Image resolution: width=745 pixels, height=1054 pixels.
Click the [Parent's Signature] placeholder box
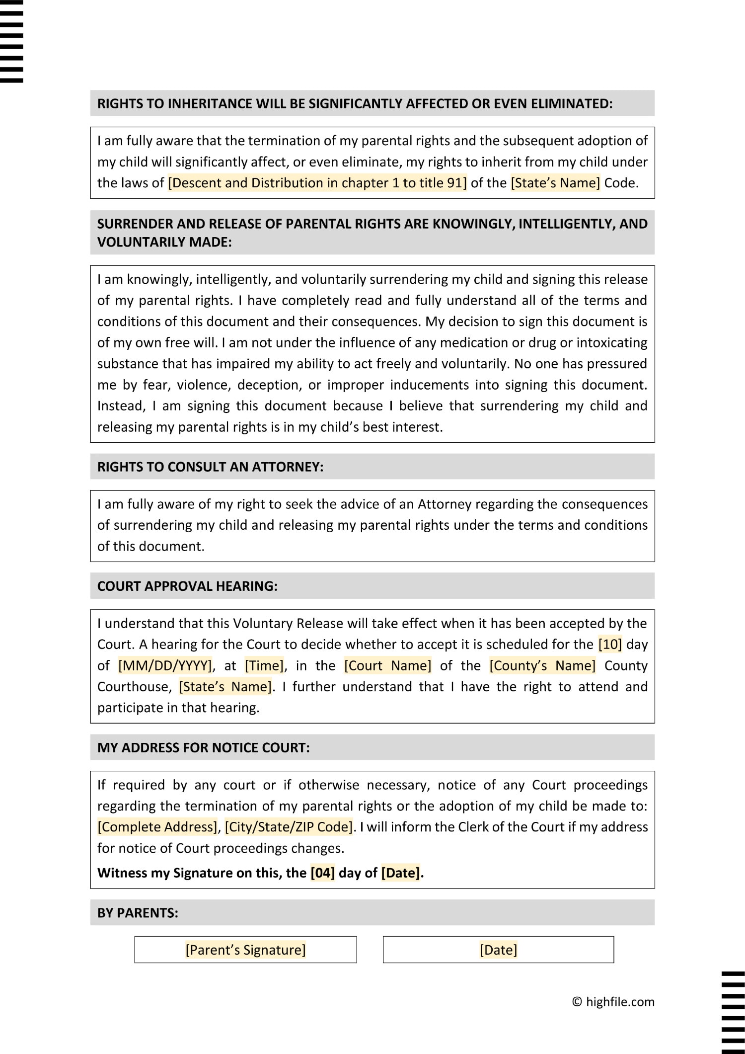(245, 950)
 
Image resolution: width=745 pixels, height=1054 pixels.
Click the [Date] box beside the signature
(498, 950)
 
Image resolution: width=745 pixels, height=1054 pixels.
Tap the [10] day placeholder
(610, 645)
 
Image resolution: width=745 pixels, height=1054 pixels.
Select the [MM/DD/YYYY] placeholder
(165, 665)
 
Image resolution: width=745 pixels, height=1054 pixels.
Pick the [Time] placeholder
(264, 665)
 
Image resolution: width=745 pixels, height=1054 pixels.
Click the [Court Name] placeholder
(387, 665)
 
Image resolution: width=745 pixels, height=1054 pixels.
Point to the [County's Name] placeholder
(542, 665)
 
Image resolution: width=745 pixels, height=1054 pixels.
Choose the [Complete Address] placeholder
(157, 827)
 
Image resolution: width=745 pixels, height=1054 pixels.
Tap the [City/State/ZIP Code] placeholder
(289, 827)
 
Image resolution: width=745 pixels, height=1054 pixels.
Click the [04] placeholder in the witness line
(323, 873)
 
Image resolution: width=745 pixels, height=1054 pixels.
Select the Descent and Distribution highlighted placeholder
(317, 183)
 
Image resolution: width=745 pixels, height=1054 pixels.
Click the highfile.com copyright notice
(613, 1002)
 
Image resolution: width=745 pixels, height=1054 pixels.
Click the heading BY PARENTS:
(138, 913)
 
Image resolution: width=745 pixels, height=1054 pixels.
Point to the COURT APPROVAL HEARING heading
(187, 586)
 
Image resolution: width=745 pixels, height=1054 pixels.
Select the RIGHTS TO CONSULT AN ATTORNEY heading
(210, 467)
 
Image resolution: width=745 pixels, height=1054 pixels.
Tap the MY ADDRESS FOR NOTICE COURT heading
(203, 747)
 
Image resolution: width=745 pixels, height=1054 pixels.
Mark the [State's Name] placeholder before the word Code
(555, 183)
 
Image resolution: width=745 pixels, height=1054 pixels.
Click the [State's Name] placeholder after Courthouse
(225, 687)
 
